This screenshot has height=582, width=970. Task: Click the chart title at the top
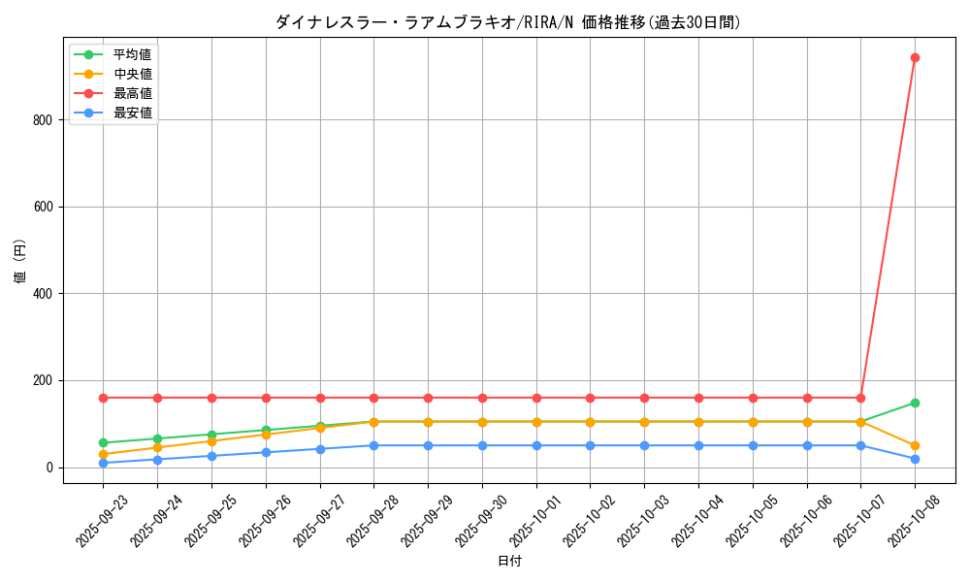pyautogui.click(x=508, y=22)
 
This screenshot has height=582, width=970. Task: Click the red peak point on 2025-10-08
pyautogui.click(x=915, y=57)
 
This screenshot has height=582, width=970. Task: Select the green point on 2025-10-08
pyautogui.click(x=915, y=403)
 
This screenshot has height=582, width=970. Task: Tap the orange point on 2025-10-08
pyautogui.click(x=915, y=445)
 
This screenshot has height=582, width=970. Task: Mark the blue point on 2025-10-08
pyautogui.click(x=915, y=459)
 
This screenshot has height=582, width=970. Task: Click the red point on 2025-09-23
pyautogui.click(x=103, y=398)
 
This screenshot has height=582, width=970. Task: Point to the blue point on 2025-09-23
pyautogui.click(x=103, y=463)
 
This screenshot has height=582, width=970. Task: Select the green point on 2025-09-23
pyautogui.click(x=103, y=442)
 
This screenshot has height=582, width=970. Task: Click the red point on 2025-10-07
pyautogui.click(x=860, y=398)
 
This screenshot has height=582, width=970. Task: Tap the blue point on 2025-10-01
pyautogui.click(x=536, y=445)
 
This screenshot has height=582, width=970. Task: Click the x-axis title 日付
pyautogui.click(x=509, y=562)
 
